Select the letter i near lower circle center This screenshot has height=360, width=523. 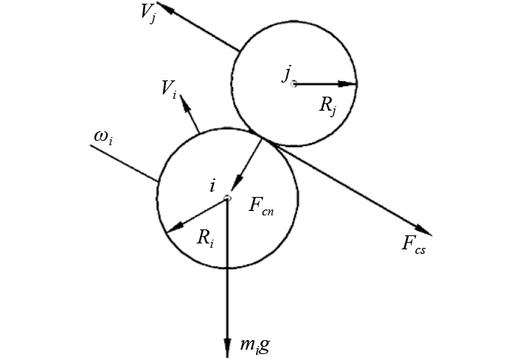coord(212,186)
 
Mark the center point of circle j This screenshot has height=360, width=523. coord(294,84)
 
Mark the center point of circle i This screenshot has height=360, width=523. coord(228,195)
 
